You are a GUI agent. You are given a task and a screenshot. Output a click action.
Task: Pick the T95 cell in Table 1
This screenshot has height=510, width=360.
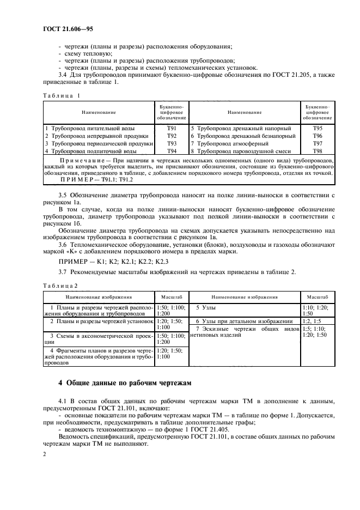point(318,129)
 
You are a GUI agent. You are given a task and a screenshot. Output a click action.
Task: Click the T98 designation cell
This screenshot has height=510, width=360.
point(318,151)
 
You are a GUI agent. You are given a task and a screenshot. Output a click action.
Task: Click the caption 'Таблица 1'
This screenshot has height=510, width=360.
point(61,95)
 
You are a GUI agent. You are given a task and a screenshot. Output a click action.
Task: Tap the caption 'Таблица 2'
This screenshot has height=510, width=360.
point(61,286)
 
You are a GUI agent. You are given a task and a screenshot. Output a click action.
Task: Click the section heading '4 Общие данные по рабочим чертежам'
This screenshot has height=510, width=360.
point(125,383)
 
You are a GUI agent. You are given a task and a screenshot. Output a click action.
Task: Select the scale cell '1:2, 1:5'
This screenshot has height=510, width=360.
point(312,321)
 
